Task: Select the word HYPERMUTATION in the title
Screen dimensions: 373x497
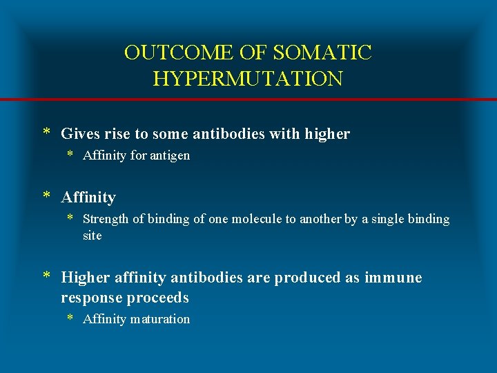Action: pyautogui.click(x=248, y=78)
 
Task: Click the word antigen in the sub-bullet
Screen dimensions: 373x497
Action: pyautogui.click(x=170, y=156)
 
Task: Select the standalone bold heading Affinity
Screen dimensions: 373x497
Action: pyautogui.click(x=88, y=198)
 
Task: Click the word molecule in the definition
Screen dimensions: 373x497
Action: pyautogui.click(x=249, y=220)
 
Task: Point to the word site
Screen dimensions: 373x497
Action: pyautogui.click(x=92, y=236)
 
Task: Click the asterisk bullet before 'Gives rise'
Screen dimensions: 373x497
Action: pyautogui.click(x=47, y=133)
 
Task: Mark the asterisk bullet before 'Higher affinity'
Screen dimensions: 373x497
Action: pyautogui.click(x=47, y=276)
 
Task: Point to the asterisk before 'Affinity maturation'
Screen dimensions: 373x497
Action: pyautogui.click(x=70, y=318)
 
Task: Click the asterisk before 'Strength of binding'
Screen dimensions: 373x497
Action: pyautogui.click(x=70, y=218)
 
